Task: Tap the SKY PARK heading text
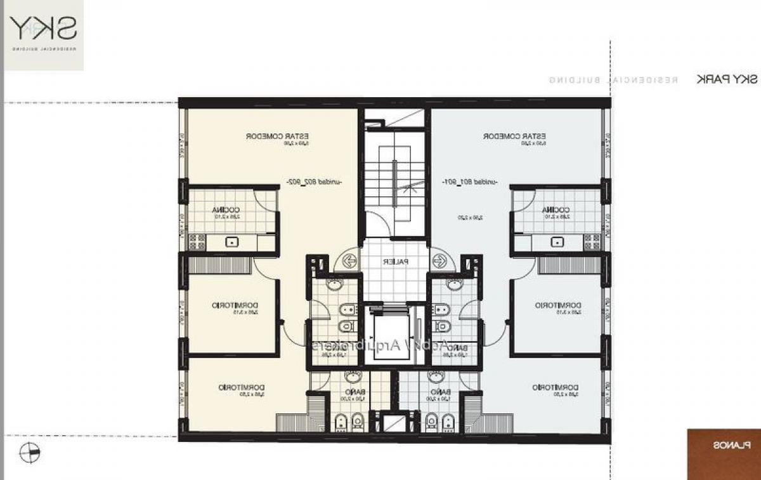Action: (726, 79)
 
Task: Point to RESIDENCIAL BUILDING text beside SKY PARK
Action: (614, 80)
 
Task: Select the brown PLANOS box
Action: (724, 446)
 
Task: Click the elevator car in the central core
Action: (393, 335)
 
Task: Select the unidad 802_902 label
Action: (315, 182)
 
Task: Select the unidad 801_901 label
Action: (470, 182)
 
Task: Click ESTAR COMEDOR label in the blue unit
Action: (515, 136)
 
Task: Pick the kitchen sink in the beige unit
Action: (233, 242)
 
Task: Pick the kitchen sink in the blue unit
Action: (557, 242)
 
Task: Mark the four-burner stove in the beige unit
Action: (197, 242)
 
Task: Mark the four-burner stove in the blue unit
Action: (592, 242)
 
